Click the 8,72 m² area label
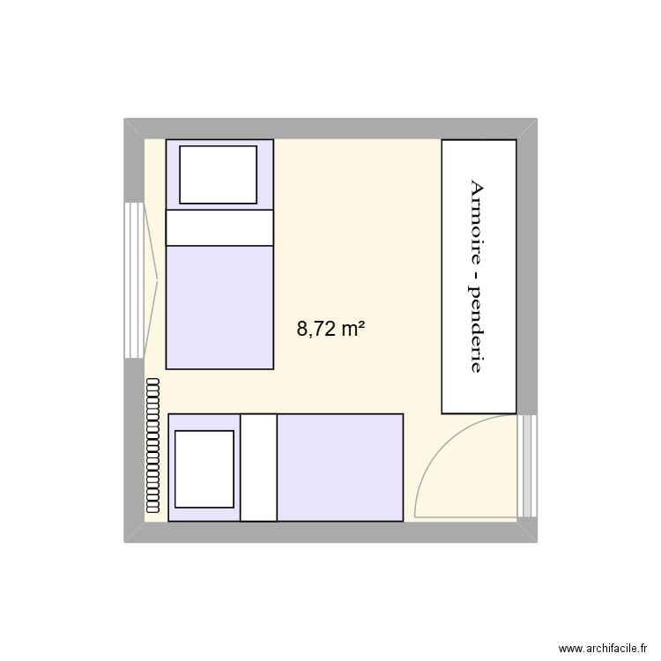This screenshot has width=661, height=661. tap(331, 330)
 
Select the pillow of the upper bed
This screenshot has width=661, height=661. tap(219, 175)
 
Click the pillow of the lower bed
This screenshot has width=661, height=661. tap(205, 469)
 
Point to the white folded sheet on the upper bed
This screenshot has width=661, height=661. tap(219, 227)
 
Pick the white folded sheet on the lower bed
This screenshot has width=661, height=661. tap(258, 467)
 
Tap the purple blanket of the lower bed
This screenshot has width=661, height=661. tap(339, 467)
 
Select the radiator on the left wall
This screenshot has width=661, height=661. tap(153, 444)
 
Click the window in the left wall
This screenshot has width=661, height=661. tap(133, 280)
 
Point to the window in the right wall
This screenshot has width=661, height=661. tap(528, 465)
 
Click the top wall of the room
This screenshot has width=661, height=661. tap(330, 129)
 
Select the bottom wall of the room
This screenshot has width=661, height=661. tap(330, 531)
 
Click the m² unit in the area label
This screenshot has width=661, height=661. tap(353, 330)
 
